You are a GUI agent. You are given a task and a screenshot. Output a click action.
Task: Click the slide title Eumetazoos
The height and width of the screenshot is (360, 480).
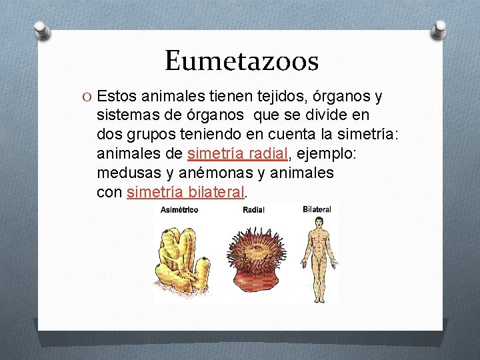click(241, 61)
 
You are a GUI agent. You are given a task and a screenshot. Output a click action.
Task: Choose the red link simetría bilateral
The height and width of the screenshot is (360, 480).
click(185, 193)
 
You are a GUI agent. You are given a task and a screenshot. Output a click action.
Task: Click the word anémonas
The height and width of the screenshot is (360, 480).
click(201, 173)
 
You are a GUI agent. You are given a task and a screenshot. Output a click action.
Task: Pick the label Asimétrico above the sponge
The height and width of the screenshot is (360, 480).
click(179, 210)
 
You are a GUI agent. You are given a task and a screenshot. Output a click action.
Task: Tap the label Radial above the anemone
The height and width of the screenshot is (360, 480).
click(253, 210)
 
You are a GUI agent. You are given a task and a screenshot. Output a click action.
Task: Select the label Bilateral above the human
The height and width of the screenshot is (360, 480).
click(317, 209)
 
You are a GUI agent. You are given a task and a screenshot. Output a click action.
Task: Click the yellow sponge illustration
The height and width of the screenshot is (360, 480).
click(181, 257)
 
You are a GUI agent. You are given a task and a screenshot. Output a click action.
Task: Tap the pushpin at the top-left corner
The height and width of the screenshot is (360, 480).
click(41, 29)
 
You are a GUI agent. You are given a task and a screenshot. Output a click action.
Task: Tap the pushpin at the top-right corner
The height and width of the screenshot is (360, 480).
click(440, 28)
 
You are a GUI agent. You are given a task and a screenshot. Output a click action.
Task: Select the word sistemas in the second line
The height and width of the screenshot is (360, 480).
click(126, 117)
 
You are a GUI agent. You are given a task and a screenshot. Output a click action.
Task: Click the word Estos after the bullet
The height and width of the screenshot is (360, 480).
click(121, 97)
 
